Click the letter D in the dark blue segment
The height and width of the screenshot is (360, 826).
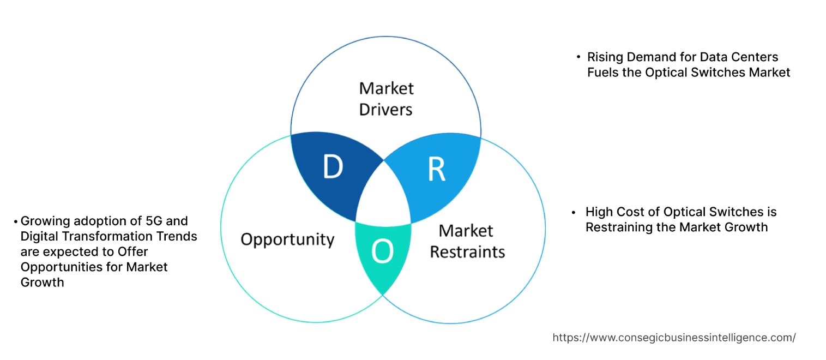tap(333, 167)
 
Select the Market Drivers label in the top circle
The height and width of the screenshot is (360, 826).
tap(386, 99)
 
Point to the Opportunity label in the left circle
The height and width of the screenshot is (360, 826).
tap(287, 239)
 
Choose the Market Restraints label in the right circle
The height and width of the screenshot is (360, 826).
tap(467, 241)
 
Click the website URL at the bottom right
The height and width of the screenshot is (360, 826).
tap(674, 338)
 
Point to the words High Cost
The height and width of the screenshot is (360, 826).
tap(614, 212)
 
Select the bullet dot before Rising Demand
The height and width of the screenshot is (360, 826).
tap(578, 57)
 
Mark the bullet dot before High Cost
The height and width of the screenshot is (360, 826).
tap(573, 212)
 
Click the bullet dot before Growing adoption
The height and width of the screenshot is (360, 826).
tap(16, 221)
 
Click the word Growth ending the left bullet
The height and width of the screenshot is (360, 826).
tap(42, 282)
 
